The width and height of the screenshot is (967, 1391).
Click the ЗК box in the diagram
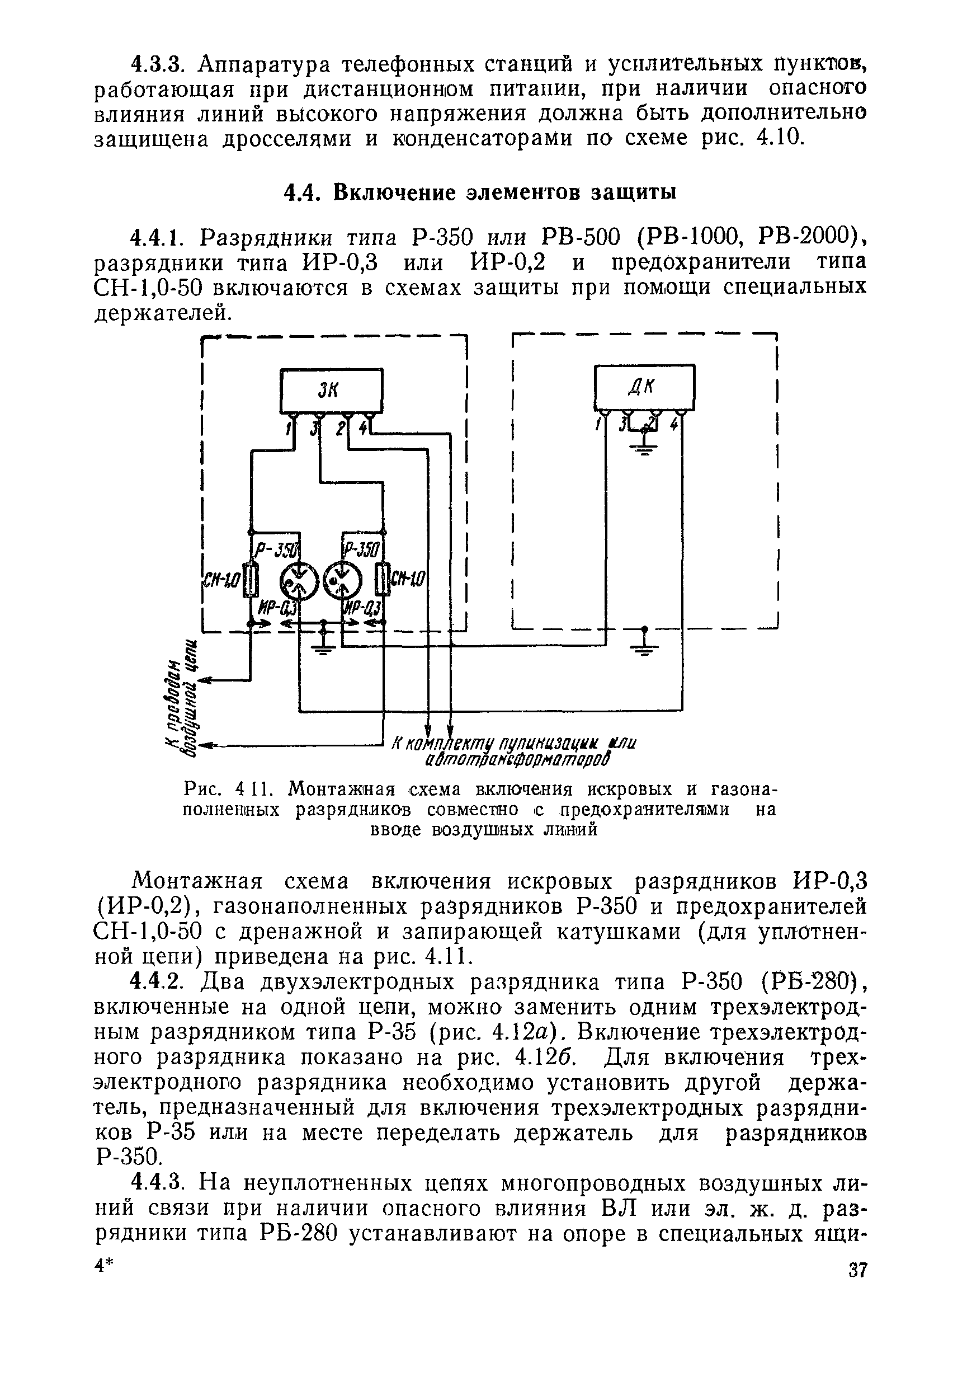[331, 391]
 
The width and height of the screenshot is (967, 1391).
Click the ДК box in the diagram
[644, 387]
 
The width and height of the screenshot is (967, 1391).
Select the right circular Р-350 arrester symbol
[343, 581]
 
